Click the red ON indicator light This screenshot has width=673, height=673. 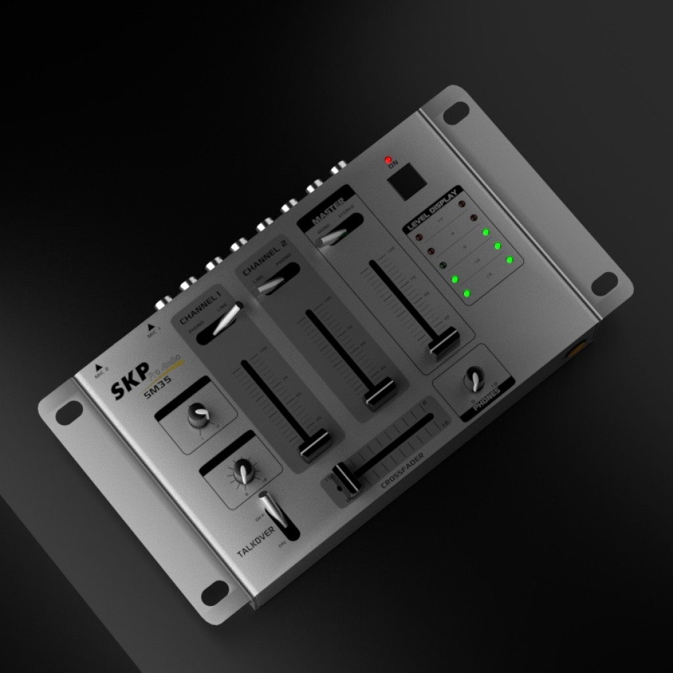pyautogui.click(x=388, y=160)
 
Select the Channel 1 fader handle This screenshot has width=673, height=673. pyautogui.click(x=315, y=446)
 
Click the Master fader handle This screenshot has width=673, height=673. pyautogui.click(x=445, y=343)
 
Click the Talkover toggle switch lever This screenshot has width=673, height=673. pyautogui.click(x=272, y=512)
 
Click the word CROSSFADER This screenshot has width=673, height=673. pyautogui.click(x=402, y=471)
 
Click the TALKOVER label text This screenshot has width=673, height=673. pyautogui.click(x=256, y=540)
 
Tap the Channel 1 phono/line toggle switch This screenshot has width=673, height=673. pyautogui.click(x=224, y=321)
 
